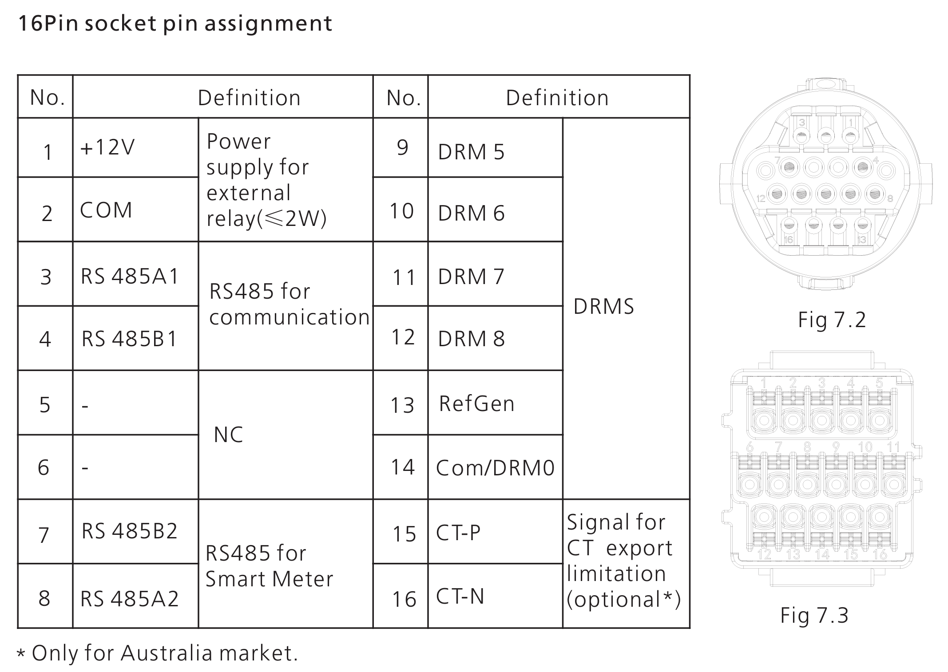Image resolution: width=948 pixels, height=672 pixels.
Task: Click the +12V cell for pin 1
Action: click(107, 147)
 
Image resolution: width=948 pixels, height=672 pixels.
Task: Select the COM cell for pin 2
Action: click(106, 210)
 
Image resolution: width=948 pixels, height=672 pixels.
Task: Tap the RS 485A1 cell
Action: click(130, 277)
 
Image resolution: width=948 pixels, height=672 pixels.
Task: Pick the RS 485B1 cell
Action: click(130, 339)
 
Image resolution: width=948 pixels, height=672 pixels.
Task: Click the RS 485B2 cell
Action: click(130, 531)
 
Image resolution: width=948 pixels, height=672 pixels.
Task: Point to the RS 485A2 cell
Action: click(130, 599)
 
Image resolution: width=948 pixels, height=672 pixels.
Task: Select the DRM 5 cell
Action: click(471, 152)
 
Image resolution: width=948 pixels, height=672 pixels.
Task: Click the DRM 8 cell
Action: click(471, 339)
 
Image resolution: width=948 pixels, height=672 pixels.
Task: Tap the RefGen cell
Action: click(476, 404)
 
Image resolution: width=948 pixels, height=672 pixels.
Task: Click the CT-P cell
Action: click(458, 533)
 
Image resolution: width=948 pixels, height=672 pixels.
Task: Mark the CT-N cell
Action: click(460, 597)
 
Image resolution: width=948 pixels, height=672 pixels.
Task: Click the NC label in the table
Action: click(228, 435)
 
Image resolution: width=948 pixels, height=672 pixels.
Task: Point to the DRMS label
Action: click(603, 307)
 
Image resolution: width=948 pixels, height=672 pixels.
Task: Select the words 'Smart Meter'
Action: click(269, 579)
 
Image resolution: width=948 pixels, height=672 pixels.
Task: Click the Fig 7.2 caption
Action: click(832, 320)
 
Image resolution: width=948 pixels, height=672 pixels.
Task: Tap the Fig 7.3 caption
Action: click(814, 616)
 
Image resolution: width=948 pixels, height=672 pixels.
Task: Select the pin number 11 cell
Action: click(404, 278)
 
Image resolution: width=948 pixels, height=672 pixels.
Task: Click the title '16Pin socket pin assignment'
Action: click(175, 24)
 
